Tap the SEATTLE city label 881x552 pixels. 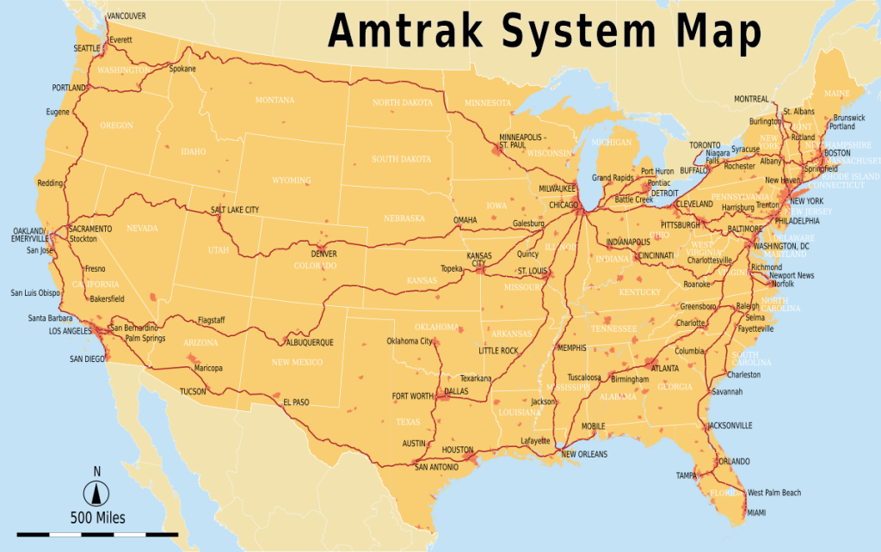[x=87, y=48]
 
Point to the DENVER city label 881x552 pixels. [x=324, y=255]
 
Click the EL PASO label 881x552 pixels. [x=295, y=402]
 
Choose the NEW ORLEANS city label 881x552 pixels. [x=584, y=454]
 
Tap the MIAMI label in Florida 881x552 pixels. [x=756, y=512]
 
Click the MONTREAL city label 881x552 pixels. [x=752, y=99]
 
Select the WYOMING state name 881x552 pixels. [x=292, y=181]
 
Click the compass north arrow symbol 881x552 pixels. [x=96, y=493]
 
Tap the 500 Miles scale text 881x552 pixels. [x=97, y=518]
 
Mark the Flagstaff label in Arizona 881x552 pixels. [x=212, y=320]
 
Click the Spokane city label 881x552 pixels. [x=182, y=69]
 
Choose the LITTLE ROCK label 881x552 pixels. [x=499, y=351]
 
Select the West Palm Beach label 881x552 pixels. [x=774, y=493]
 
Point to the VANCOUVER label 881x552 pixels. [x=126, y=15]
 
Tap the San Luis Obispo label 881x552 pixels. [x=35, y=293]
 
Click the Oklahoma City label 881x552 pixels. [x=409, y=341]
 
